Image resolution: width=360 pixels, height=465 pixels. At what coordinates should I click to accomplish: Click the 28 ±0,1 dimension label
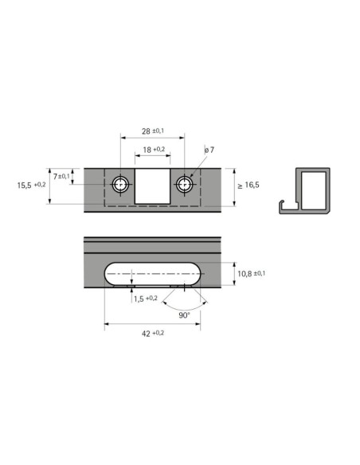coord(153,131)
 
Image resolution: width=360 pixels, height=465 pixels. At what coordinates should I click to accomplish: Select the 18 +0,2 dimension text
coord(154,150)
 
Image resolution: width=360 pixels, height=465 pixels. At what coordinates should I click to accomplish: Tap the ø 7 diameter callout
coord(209,150)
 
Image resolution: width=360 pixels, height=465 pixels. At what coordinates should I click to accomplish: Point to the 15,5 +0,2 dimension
coord(31,186)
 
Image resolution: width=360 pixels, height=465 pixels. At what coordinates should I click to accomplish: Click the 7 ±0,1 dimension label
coord(61,177)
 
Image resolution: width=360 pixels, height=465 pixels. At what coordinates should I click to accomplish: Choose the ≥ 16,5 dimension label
coord(248,186)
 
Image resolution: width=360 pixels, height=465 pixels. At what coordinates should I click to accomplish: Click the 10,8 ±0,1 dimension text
coord(251,273)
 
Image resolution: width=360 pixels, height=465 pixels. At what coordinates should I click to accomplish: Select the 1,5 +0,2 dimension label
coord(145,299)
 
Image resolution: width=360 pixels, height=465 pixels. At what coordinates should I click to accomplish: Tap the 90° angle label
coord(184,315)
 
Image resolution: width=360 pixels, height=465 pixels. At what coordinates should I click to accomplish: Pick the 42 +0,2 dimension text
coord(153,334)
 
